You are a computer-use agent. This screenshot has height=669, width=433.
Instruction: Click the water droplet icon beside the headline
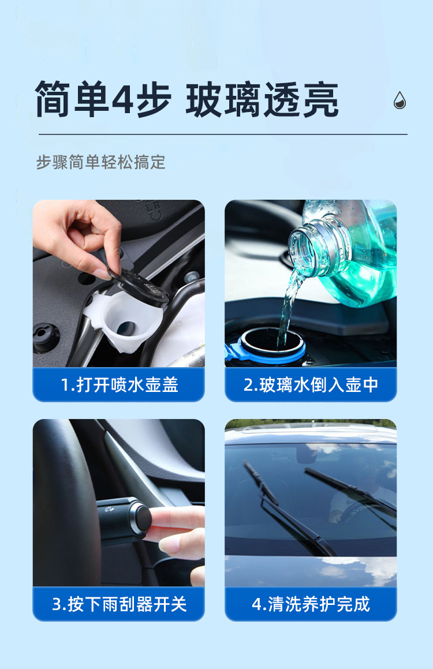tap(400, 100)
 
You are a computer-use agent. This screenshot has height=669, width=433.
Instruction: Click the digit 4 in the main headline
tap(122, 99)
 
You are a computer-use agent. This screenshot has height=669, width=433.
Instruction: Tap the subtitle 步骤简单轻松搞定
tap(100, 162)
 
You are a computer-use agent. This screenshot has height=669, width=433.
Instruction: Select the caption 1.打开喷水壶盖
tap(120, 385)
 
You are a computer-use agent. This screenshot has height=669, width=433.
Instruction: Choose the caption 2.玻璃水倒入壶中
tap(311, 385)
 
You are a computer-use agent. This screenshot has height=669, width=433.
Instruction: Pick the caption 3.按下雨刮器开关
tap(120, 604)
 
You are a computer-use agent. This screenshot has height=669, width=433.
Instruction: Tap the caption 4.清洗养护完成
tap(311, 604)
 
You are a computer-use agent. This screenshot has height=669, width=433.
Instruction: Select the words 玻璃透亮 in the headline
tap(262, 99)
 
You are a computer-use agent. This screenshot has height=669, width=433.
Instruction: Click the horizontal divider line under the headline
tap(223, 134)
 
